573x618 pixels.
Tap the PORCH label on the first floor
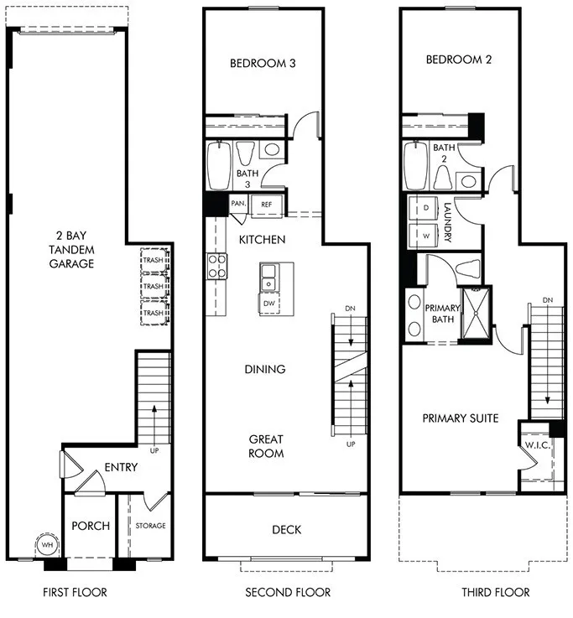[x=91, y=526]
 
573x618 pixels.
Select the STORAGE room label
[x=151, y=526]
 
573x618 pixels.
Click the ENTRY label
[x=121, y=467]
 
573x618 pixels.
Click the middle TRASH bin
[x=153, y=286]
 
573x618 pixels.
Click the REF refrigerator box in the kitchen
[x=266, y=204]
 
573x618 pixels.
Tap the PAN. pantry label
[x=237, y=204]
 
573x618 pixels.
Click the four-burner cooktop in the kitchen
[x=217, y=267]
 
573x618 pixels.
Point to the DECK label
[x=286, y=529]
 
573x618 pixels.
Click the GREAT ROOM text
[x=266, y=446]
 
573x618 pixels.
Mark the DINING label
[x=265, y=369]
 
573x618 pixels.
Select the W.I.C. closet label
[x=537, y=444]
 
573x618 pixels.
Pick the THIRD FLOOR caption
[x=495, y=592]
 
